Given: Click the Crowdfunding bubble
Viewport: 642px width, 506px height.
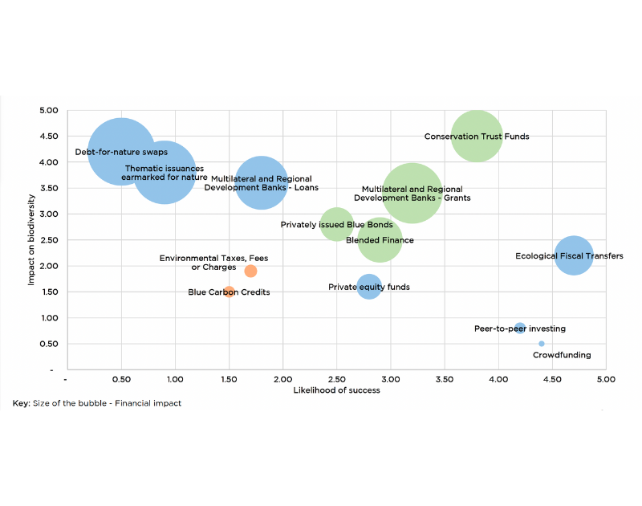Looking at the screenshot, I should point(542,344).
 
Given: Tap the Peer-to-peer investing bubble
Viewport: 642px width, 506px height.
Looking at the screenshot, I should point(520,328).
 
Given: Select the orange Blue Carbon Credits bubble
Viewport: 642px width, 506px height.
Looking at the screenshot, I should point(230,292).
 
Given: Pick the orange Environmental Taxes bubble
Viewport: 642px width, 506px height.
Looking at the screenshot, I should point(250,271).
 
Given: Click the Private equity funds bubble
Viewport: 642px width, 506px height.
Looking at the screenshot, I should point(368,287).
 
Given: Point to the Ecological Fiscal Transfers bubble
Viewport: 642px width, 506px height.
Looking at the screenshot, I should point(573,256).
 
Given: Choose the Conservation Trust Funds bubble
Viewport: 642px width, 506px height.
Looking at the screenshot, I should point(477,137).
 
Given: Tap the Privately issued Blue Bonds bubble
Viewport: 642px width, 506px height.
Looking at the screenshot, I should point(337,225).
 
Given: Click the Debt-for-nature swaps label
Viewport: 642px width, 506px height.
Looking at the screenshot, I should point(121,152).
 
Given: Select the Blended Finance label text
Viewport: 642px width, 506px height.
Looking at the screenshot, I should point(380,240).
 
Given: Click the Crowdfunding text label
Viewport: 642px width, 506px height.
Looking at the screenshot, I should point(562,355).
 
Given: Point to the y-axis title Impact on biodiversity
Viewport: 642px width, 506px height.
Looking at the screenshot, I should point(30,239).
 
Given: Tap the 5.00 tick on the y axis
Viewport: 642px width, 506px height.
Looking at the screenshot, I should point(49,110).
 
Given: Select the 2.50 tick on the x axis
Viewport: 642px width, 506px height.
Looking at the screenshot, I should point(336,378).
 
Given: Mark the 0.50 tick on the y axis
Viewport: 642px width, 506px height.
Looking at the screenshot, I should point(49,344).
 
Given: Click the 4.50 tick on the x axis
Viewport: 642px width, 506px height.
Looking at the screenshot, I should point(552,378).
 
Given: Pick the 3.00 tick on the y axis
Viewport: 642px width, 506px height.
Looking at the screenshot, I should point(49,214).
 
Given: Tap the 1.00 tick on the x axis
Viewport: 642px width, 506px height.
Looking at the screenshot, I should point(174,378).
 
